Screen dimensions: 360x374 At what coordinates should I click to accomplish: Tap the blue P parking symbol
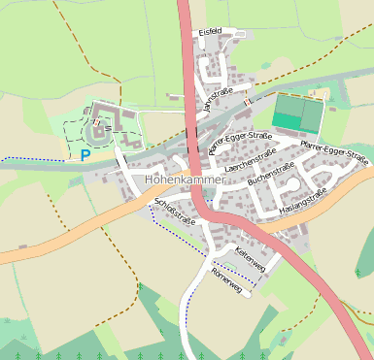(85, 153)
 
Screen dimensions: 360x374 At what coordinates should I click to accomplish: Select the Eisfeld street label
(210, 32)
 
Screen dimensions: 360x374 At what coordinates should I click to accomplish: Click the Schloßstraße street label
(175, 211)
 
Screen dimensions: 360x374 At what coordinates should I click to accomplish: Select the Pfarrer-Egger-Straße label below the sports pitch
(333, 151)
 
